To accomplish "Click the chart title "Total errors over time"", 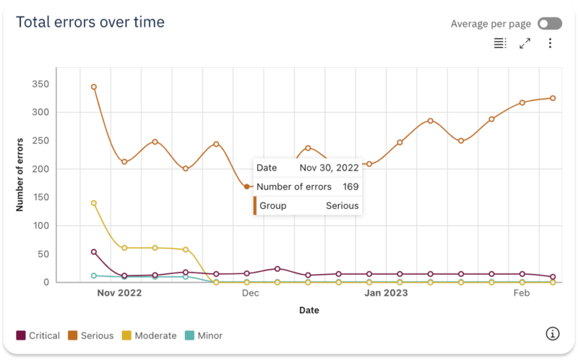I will (90, 22).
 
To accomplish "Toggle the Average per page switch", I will (550, 24).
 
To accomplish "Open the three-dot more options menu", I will (550, 43).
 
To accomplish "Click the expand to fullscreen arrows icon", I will (525, 43).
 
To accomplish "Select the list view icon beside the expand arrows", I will (500, 43).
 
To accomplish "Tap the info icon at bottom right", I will (553, 333).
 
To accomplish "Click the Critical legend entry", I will (38, 335).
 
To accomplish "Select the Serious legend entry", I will (91, 335).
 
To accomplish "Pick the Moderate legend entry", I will (149, 335).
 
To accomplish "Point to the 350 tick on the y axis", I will (40, 84).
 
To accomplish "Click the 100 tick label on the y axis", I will (40, 226).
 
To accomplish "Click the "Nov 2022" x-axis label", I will (119, 293).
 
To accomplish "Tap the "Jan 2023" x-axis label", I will (386, 293).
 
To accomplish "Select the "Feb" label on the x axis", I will (522, 293).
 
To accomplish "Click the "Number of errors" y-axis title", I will (20, 173).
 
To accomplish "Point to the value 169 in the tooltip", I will (350, 187).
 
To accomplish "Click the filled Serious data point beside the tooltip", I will (247, 187).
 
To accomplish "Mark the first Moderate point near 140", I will (94, 203).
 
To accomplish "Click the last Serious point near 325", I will (553, 98).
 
